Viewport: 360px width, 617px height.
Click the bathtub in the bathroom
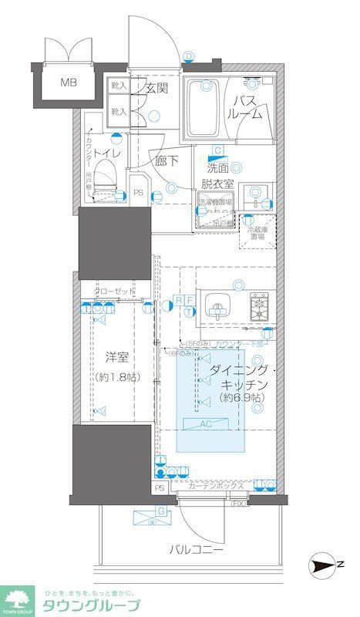click(x=203, y=107)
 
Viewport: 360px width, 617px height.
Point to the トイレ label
click(x=104, y=153)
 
